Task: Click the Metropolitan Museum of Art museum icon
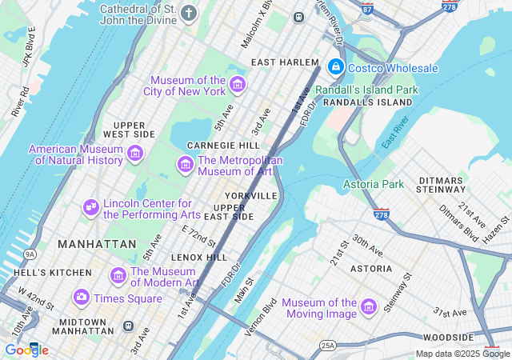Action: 186,165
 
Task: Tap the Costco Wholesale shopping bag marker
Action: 336,66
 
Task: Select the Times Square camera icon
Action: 81,298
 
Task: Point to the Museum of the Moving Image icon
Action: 368,307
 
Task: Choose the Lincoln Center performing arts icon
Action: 90,208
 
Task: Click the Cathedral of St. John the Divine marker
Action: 189,13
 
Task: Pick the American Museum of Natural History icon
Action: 134,154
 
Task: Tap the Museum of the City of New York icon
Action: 237,85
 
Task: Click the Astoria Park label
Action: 374,185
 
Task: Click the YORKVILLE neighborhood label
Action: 250,195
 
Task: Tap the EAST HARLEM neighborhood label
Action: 284,62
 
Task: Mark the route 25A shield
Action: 327,345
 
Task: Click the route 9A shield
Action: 30,254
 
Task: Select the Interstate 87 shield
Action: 366,8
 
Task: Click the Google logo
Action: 26,350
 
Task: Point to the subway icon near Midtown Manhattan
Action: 128,326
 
